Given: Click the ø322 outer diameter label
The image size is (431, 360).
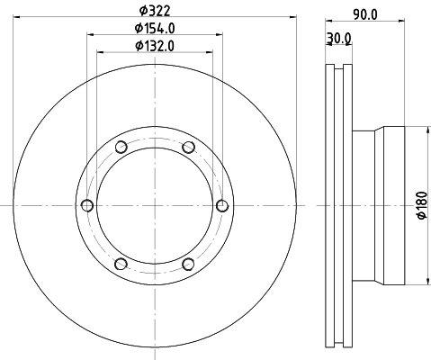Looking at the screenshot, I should click(x=154, y=12).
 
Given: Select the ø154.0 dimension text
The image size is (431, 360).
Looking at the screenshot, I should click(x=155, y=29).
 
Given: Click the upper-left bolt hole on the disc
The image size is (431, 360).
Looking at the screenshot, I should click(x=121, y=148).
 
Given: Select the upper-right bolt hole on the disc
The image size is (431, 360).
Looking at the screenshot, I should click(x=188, y=148).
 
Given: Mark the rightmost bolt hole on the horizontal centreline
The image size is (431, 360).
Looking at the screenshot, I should click(x=222, y=206).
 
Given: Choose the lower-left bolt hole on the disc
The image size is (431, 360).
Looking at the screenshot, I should click(x=121, y=264).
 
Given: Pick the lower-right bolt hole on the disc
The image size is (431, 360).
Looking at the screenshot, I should click(x=188, y=264).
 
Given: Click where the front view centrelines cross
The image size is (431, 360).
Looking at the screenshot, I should click(x=155, y=206).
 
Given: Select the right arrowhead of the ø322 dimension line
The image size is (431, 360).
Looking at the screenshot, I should click(x=293, y=20).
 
